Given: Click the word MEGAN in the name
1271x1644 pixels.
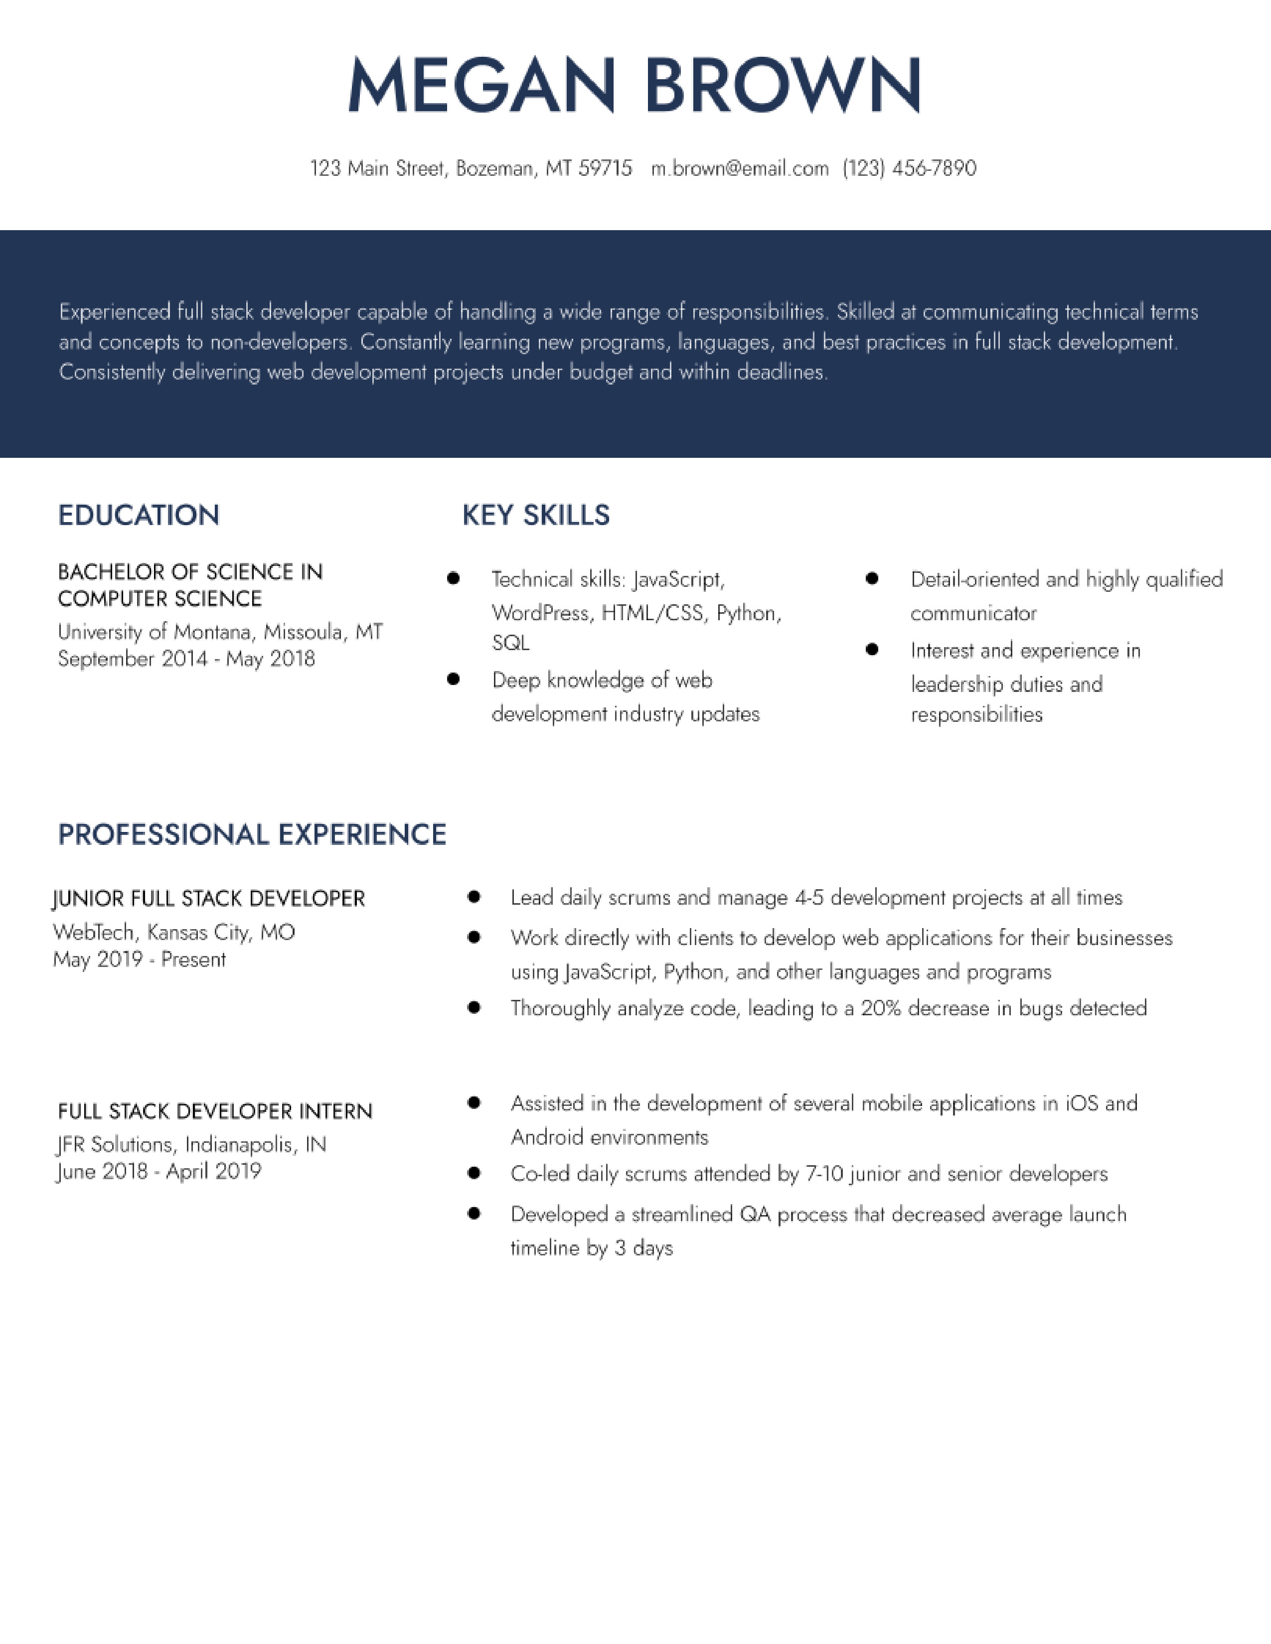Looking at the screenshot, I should (480, 85).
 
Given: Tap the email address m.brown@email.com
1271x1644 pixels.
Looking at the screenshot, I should (739, 168).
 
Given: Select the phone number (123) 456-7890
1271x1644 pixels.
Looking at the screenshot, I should (909, 168).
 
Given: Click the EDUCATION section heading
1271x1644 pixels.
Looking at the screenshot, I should (139, 516).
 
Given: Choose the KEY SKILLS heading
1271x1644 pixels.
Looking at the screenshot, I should (535, 516).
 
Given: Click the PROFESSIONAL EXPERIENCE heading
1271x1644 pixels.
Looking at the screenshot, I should (252, 835).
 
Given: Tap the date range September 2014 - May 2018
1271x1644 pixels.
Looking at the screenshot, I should (186, 660).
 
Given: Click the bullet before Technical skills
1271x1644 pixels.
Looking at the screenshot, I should (453, 578).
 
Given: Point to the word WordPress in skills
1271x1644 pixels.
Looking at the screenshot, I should (540, 613).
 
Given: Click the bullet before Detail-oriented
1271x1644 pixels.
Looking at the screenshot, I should (872, 578).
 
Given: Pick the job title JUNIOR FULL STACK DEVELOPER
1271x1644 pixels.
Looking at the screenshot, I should (208, 899).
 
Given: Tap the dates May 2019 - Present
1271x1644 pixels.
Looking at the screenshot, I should (139, 960).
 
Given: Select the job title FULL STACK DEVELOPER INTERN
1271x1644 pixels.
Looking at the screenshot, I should (215, 1112).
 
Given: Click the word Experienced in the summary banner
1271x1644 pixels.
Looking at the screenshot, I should (115, 312).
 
